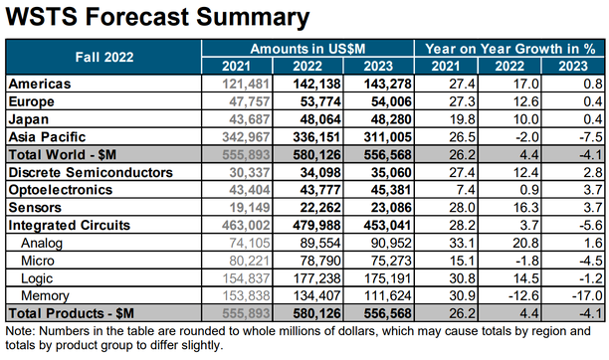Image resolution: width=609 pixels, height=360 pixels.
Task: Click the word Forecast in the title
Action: click(x=137, y=17)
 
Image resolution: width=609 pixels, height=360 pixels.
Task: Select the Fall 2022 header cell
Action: click(x=104, y=57)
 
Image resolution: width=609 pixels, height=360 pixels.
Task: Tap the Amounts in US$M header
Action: click(x=307, y=49)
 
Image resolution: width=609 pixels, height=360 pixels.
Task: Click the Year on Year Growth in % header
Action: click(x=509, y=49)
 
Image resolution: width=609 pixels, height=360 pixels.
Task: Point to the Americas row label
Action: click(x=40, y=84)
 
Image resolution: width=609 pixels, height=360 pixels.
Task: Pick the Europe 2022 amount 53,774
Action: click(x=320, y=101)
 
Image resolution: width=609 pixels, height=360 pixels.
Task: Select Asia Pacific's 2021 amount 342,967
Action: click(x=246, y=137)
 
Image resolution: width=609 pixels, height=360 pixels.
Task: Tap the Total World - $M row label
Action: click(x=62, y=154)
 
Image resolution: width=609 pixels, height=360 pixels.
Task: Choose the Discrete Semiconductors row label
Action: click(x=91, y=172)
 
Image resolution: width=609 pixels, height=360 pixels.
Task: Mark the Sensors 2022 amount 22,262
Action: click(x=320, y=208)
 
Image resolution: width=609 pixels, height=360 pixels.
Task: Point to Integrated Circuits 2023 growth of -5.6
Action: click(x=591, y=225)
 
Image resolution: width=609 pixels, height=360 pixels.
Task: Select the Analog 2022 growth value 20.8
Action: click(x=524, y=243)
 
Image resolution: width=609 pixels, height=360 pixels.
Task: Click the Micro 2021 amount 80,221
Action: click(x=250, y=261)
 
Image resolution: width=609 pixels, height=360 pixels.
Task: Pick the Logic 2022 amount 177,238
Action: click(x=316, y=278)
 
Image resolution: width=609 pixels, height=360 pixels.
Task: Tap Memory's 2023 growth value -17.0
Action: click(x=588, y=296)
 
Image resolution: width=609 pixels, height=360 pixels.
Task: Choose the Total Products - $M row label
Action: click(x=71, y=313)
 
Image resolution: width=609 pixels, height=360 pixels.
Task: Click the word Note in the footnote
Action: click(x=20, y=331)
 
